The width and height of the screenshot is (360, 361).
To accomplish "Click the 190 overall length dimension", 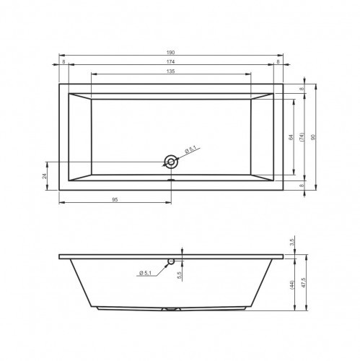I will (171, 53).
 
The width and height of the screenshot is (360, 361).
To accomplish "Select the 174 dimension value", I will (171, 63).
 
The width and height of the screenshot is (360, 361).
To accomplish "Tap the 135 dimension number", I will (171, 71).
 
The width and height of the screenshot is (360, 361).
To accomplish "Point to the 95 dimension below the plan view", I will (115, 199).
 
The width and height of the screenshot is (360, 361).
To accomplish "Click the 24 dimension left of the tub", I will (45, 175).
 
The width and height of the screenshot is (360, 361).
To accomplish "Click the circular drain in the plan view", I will (171, 162).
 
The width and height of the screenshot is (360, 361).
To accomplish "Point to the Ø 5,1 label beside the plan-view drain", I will (190, 150).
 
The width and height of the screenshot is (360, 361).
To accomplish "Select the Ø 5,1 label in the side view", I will (146, 271).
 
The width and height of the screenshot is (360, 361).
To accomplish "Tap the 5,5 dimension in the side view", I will (178, 274).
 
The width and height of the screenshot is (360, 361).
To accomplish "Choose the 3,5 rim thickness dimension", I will (292, 240).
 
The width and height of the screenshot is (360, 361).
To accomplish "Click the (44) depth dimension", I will (292, 285).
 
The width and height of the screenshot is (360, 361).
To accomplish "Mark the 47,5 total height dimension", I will (303, 284).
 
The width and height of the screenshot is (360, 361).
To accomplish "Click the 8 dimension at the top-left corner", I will (64, 63).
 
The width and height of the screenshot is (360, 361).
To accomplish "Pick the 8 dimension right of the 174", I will (278, 63).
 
